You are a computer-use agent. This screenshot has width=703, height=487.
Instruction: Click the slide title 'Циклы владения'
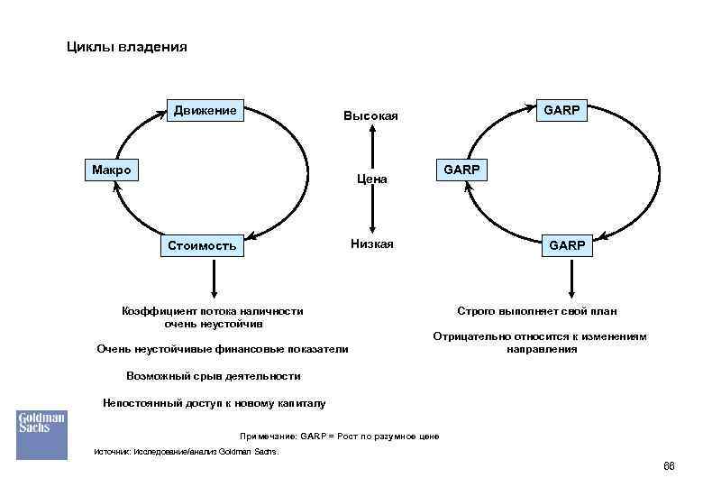pyautogui.click(x=127, y=47)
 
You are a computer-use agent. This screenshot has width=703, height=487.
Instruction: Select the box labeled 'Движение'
pyautogui.click(x=205, y=111)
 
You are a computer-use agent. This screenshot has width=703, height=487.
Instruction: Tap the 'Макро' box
pyautogui.click(x=112, y=170)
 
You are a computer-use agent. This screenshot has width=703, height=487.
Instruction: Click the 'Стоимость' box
pyautogui.click(x=202, y=245)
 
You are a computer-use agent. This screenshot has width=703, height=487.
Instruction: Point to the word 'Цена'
pyautogui.click(x=371, y=179)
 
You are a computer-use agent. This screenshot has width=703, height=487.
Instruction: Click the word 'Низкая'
pyautogui.click(x=371, y=244)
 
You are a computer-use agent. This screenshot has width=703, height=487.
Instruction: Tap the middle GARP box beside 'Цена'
pyautogui.click(x=461, y=170)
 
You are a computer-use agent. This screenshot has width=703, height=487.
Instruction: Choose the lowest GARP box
pyautogui.click(x=569, y=245)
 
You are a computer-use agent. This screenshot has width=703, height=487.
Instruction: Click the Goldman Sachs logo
pyautogui.click(x=41, y=434)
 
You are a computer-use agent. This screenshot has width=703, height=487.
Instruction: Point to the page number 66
pyautogui.click(x=668, y=465)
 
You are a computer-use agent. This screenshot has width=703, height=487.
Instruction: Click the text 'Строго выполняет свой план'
pyautogui.click(x=537, y=311)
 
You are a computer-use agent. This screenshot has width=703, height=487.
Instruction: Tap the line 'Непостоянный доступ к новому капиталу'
pyautogui.click(x=215, y=403)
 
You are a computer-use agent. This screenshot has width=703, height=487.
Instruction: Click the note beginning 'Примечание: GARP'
pyautogui.click(x=339, y=436)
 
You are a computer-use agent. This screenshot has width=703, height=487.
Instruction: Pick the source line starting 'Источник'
pyautogui.click(x=187, y=452)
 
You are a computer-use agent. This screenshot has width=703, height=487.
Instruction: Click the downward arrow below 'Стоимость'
pyautogui.click(x=213, y=279)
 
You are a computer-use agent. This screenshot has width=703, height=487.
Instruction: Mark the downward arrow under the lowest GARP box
pyautogui.click(x=569, y=279)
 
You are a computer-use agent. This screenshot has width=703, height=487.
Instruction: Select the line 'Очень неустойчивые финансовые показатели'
pyautogui.click(x=222, y=349)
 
